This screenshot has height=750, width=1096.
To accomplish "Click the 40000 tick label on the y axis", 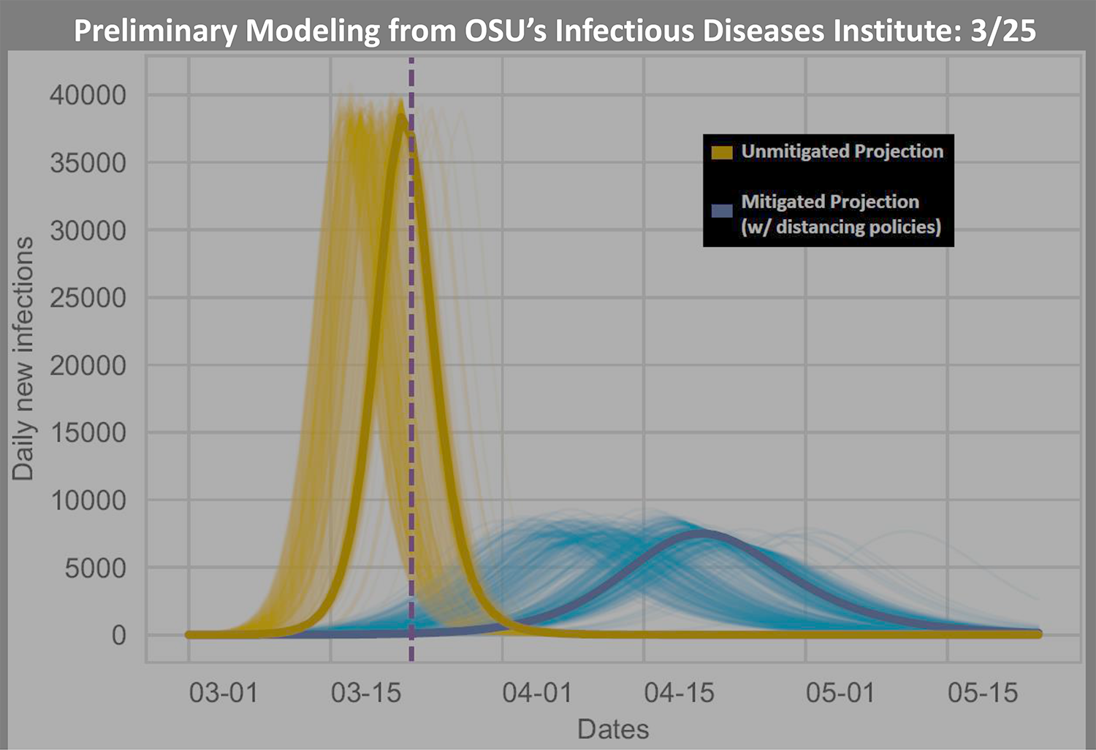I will pyautogui.click(x=88, y=95).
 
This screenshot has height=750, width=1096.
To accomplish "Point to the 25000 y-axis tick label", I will pyautogui.click(x=88, y=298).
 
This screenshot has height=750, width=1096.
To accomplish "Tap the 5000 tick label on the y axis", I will pyautogui.click(x=95, y=568).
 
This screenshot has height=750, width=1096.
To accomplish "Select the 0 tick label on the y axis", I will pyautogui.click(x=118, y=635).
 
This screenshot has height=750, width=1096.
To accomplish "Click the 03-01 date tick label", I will pyautogui.click(x=224, y=692).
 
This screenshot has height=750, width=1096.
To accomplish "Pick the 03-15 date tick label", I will pyautogui.click(x=366, y=692).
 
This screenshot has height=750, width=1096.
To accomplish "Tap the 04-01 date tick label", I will pyautogui.click(x=537, y=692).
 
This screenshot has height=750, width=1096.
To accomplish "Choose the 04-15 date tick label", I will pyautogui.click(x=679, y=692).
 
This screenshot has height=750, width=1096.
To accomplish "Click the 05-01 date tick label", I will pyautogui.click(x=840, y=692).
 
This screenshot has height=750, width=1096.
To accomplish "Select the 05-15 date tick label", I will pyautogui.click(x=983, y=692).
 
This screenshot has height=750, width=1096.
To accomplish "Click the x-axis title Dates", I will pyautogui.click(x=613, y=729).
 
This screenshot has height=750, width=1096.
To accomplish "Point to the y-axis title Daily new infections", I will pyautogui.click(x=23, y=358).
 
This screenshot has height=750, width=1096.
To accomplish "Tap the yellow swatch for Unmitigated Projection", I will pyautogui.click(x=722, y=152).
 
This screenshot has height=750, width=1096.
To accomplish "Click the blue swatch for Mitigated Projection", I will pyautogui.click(x=722, y=211).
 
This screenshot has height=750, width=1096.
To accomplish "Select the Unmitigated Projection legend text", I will pyautogui.click(x=842, y=151).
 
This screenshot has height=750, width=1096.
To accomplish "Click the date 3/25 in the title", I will pyautogui.click(x=1003, y=31).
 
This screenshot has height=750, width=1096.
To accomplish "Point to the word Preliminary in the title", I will pyautogui.click(x=155, y=31).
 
